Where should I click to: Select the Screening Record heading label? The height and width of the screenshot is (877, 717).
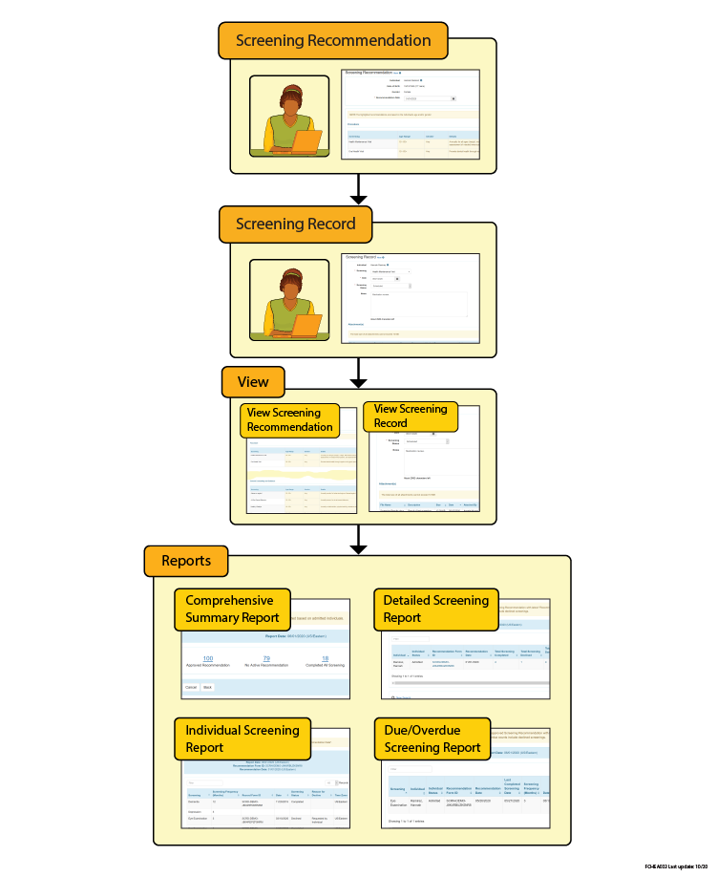(x=295, y=225)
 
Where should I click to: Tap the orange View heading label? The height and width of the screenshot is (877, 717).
(x=253, y=382)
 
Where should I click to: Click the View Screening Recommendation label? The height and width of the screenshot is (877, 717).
(x=289, y=419)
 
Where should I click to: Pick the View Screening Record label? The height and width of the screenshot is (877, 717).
(x=411, y=416)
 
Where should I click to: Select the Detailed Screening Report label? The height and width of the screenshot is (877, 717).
(x=435, y=610)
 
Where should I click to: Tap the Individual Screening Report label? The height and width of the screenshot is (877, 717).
(x=243, y=738)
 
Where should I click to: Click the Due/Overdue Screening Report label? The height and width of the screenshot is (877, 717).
(x=433, y=738)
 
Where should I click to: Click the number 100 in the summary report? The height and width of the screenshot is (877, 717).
(x=208, y=658)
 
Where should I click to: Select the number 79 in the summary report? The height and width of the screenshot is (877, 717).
(x=266, y=658)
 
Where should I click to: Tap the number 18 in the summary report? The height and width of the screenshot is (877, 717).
(x=325, y=658)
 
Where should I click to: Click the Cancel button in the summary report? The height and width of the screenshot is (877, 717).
(x=191, y=687)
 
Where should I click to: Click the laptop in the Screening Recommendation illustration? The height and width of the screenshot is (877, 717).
(x=306, y=142)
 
